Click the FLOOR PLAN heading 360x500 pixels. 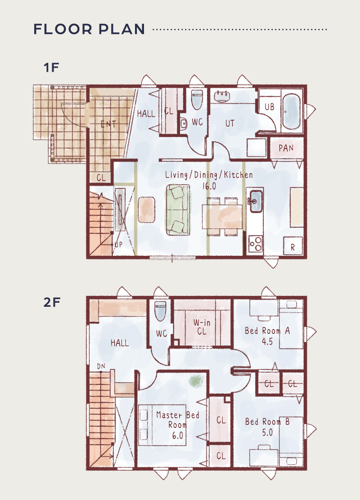(x=89, y=29)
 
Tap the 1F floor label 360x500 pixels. (x=51, y=68)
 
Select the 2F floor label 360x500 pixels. (x=52, y=302)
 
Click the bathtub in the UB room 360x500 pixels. (x=292, y=111)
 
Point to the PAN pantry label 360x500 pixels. (x=286, y=148)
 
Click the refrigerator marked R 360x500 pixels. (x=293, y=246)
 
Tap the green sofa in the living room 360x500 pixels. (x=178, y=210)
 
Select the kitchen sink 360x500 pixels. (x=256, y=201)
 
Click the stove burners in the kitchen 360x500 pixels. (x=256, y=244)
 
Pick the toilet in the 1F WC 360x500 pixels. (x=197, y=99)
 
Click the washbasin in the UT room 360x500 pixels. (x=222, y=96)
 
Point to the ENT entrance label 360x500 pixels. (x=108, y=124)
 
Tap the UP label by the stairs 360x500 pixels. (x=118, y=245)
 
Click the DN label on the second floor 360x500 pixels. (x=101, y=366)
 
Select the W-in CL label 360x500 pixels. (x=202, y=327)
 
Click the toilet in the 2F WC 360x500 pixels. (x=160, y=311)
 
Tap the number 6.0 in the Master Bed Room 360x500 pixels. (x=177, y=435)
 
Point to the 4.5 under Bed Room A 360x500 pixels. (x=267, y=341)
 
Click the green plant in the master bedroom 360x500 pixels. (x=196, y=381)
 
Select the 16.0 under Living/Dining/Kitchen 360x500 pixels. (x=209, y=186)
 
